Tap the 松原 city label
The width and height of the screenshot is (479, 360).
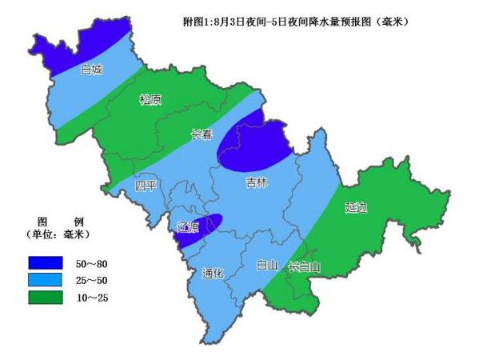(x=150, y=100)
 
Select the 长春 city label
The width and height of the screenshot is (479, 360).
(x=202, y=135)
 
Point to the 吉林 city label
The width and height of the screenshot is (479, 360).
(x=256, y=184)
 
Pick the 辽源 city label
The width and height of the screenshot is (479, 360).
(x=189, y=227)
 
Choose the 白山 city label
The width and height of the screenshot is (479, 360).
(x=266, y=265)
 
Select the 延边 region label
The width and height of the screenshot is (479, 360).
(x=357, y=208)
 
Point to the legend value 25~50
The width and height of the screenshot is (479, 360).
(x=93, y=281)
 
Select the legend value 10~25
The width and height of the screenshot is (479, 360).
(x=93, y=298)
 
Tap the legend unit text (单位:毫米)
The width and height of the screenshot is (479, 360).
(x=57, y=234)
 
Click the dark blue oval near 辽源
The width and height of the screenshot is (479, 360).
(x=200, y=228)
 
